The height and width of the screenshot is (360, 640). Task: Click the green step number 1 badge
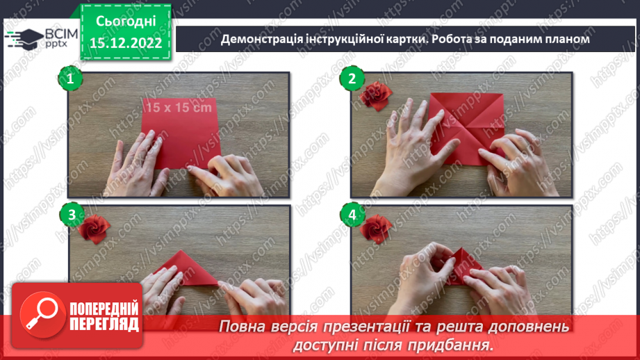(69, 79)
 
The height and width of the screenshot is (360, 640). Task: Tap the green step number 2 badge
(352, 79)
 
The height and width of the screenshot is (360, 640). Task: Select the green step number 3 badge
(69, 215)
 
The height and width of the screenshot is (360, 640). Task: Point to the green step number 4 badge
(352, 215)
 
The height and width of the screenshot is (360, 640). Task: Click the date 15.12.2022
(126, 44)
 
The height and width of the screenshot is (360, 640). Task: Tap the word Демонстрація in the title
(262, 39)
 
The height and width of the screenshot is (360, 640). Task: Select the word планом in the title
(564, 39)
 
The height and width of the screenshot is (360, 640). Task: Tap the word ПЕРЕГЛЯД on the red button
(104, 324)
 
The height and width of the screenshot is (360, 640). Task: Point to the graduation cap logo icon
(24, 39)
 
